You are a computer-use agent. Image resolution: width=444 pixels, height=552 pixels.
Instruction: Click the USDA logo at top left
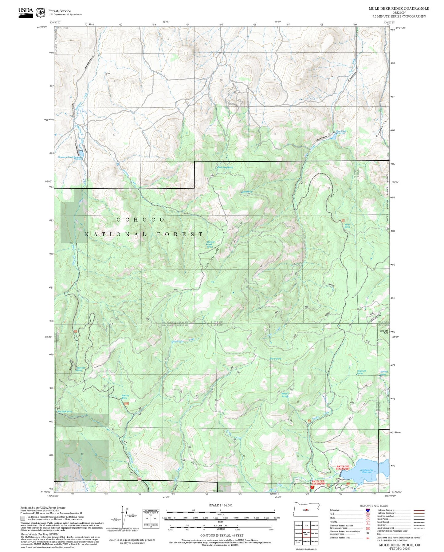[x=26, y=12]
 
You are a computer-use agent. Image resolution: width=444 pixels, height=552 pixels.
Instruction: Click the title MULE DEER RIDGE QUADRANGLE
[x=399, y=9]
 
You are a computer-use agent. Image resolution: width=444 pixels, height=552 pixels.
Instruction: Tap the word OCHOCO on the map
[x=140, y=219]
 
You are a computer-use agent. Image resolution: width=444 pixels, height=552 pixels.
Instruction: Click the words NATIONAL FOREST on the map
[x=143, y=234]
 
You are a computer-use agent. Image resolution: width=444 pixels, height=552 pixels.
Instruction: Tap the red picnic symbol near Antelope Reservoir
[x=312, y=487]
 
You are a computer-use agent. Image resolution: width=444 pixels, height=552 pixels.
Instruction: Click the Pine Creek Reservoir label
[x=341, y=132]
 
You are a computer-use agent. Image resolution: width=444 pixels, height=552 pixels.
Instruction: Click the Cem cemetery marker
[x=107, y=74]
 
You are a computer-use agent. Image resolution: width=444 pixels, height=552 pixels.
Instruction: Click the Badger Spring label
[x=285, y=395]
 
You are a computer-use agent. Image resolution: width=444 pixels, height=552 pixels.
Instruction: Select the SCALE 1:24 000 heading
[x=220, y=505]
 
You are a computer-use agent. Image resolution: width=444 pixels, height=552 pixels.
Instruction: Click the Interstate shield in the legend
[x=367, y=510]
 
